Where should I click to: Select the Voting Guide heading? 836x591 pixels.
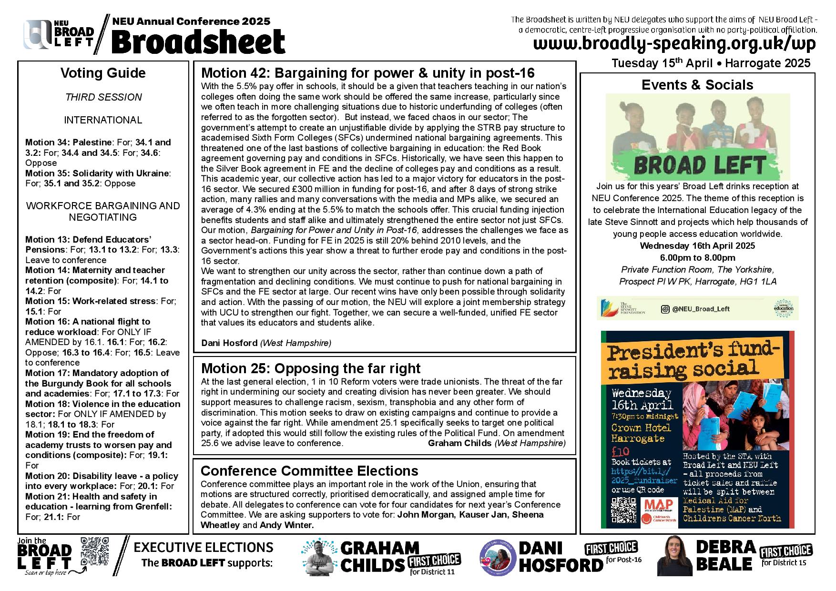click(103, 73)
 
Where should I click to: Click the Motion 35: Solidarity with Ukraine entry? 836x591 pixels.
click(97, 173)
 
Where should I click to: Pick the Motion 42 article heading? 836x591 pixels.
click(368, 73)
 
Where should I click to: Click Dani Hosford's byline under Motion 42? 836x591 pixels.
click(266, 343)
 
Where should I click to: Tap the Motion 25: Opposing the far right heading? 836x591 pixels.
click(311, 368)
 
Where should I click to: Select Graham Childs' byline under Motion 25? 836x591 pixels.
click(497, 443)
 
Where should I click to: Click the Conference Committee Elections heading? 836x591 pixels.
click(309, 471)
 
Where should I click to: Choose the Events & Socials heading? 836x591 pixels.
click(697, 85)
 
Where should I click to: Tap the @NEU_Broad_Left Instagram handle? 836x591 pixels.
click(701, 309)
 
